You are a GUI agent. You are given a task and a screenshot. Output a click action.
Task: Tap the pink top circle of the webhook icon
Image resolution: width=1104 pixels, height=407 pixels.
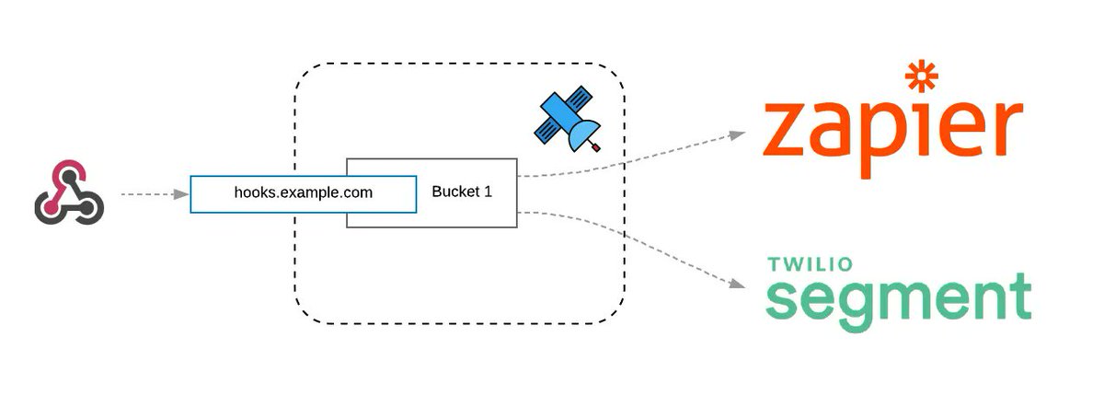click(68, 173)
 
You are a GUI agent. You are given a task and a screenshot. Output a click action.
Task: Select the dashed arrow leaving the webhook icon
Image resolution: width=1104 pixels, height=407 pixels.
click(152, 194)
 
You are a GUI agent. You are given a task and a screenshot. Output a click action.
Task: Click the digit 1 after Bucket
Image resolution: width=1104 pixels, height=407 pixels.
click(488, 192)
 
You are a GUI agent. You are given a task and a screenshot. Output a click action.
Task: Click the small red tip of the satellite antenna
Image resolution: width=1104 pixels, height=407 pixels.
click(597, 147)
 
